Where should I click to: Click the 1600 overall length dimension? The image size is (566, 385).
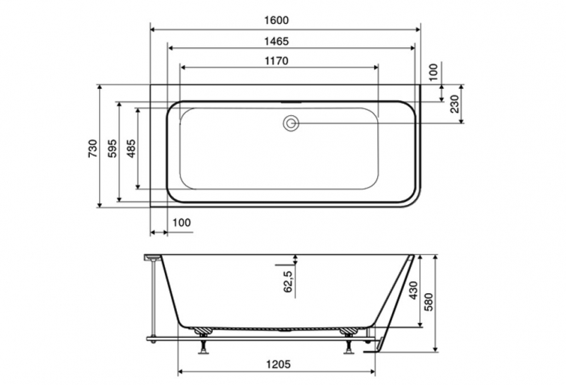click(x=277, y=20)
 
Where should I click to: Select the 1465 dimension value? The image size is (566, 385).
click(x=277, y=42)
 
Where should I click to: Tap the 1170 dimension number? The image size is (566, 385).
click(x=277, y=61)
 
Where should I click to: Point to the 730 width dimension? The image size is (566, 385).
click(x=93, y=148)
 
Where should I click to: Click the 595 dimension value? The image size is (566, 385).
click(x=112, y=148)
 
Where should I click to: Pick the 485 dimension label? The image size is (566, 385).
click(x=132, y=148)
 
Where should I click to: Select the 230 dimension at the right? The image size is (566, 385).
click(x=455, y=104)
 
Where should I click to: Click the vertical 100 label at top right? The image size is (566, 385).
click(x=434, y=72)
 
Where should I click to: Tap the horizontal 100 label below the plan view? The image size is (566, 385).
click(x=181, y=223)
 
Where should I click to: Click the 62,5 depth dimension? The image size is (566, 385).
click(x=288, y=281)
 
